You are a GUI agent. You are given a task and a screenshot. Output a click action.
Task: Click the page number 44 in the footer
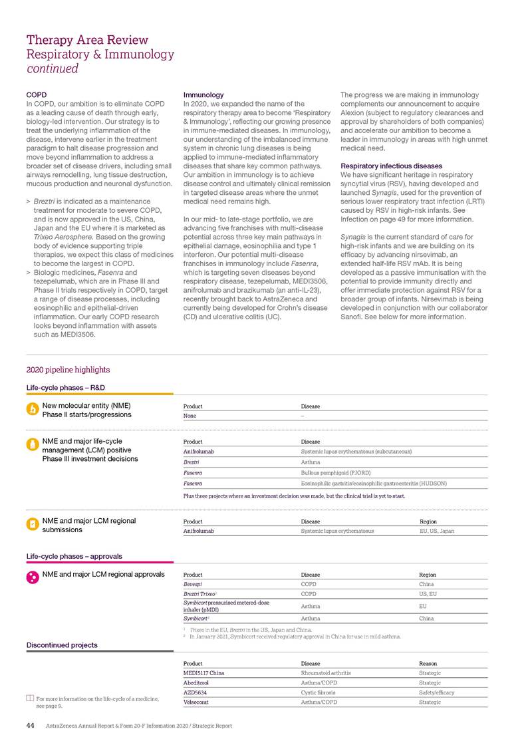pyautogui.click(x=30, y=726)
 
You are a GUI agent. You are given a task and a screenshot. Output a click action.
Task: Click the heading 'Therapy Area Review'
pyautogui.click(x=87, y=40)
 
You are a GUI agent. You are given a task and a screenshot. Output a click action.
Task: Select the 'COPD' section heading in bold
pyautogui.click(x=36, y=95)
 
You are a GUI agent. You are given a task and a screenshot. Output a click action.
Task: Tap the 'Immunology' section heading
pyautogui.click(x=203, y=95)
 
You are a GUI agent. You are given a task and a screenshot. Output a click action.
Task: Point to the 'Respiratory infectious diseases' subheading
pyautogui.click(x=391, y=166)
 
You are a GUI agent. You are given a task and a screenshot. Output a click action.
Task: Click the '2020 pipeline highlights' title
pyautogui.click(x=68, y=370)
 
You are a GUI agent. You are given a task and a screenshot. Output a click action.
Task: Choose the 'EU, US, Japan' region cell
pyautogui.click(x=437, y=531)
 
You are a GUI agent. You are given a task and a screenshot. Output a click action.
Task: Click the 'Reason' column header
pyautogui.click(x=428, y=663)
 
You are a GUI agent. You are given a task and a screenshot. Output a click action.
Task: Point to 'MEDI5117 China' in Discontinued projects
pyautogui.click(x=203, y=672)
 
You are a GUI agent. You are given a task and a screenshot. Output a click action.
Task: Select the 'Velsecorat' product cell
pyautogui.click(x=197, y=702)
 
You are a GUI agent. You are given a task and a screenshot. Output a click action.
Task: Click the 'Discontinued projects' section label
pyautogui.click(x=62, y=645)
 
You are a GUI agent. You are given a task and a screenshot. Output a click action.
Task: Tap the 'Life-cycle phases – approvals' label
pyautogui.click(x=74, y=556)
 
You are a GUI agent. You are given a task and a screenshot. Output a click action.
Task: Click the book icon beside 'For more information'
pyautogui.click(x=30, y=698)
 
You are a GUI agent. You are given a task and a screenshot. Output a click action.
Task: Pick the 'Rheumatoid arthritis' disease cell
pyautogui.click(x=326, y=672)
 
